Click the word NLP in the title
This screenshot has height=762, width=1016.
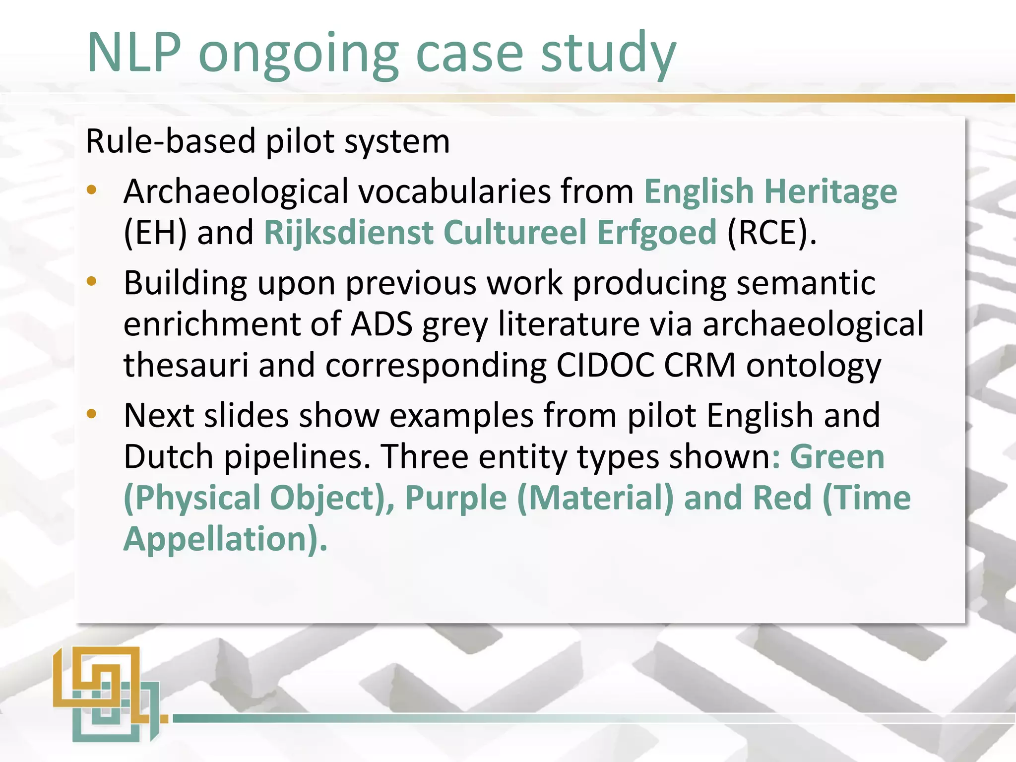point(134,53)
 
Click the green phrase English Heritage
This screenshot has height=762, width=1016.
point(770,191)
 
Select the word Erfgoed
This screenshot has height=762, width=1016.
point(656,233)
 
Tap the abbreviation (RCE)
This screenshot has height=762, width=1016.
point(770,233)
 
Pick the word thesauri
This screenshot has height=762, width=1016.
point(186,366)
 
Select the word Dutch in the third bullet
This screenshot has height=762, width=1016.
point(169,457)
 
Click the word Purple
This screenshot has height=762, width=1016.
point(456,498)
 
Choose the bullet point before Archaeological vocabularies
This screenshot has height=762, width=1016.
point(91,190)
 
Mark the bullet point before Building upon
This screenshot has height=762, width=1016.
point(91,282)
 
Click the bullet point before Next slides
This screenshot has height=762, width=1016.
point(91,414)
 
